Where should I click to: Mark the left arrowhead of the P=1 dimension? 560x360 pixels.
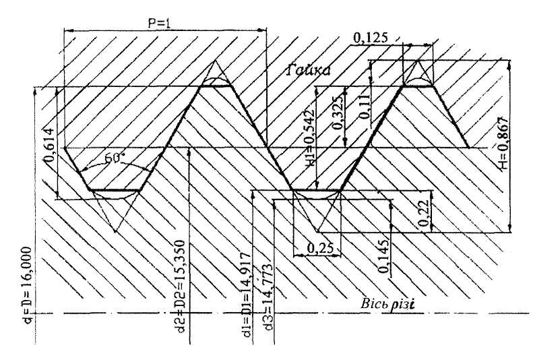click(x=66, y=30)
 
